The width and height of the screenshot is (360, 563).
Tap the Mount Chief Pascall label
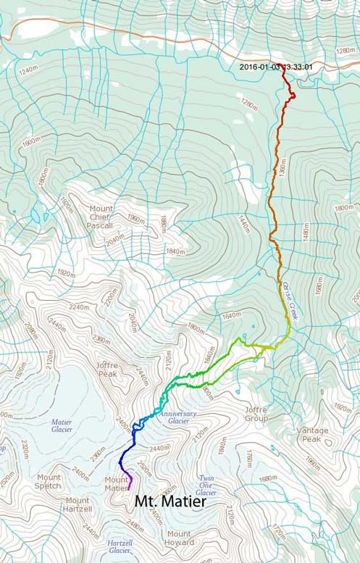101,217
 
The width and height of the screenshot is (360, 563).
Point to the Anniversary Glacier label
175,418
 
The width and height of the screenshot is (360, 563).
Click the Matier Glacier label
62,426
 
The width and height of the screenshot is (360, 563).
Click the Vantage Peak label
312,435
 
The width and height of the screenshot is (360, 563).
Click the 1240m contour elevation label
28,71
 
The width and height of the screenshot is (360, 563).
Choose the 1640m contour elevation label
231,316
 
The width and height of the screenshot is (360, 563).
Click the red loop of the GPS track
290,93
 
